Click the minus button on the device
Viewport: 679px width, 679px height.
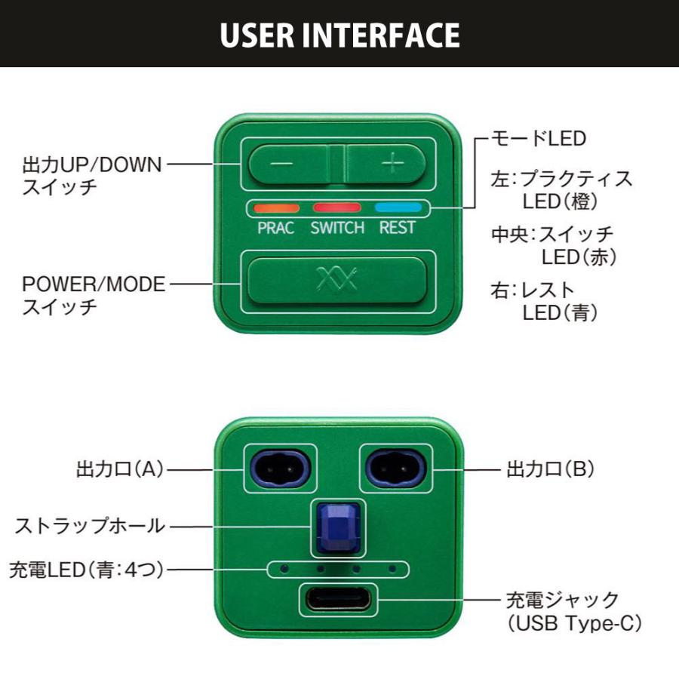(x=289, y=164)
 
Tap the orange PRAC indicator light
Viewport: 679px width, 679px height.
(x=276, y=207)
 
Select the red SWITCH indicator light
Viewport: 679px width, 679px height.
(x=337, y=207)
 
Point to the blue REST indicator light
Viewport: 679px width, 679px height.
(x=398, y=207)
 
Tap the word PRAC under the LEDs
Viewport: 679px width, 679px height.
(x=276, y=228)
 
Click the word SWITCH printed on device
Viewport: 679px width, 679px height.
(x=337, y=228)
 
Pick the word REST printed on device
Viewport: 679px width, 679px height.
(x=398, y=228)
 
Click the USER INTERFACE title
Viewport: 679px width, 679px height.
(x=339, y=35)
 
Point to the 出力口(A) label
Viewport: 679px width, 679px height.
(x=120, y=469)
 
